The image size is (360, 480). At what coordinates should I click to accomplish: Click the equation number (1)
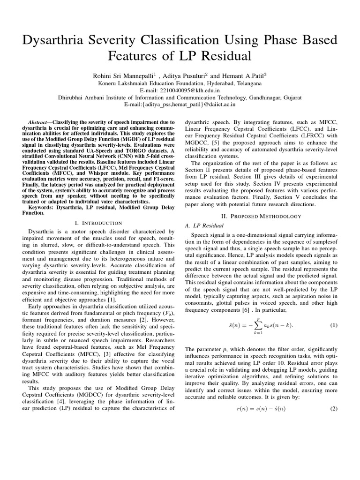(x=334, y=325)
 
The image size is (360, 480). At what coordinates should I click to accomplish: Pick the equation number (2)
(x=334, y=408)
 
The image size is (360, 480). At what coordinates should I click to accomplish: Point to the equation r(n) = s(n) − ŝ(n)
(x=261, y=408)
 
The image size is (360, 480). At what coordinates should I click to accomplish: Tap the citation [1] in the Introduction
(x=111, y=299)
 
